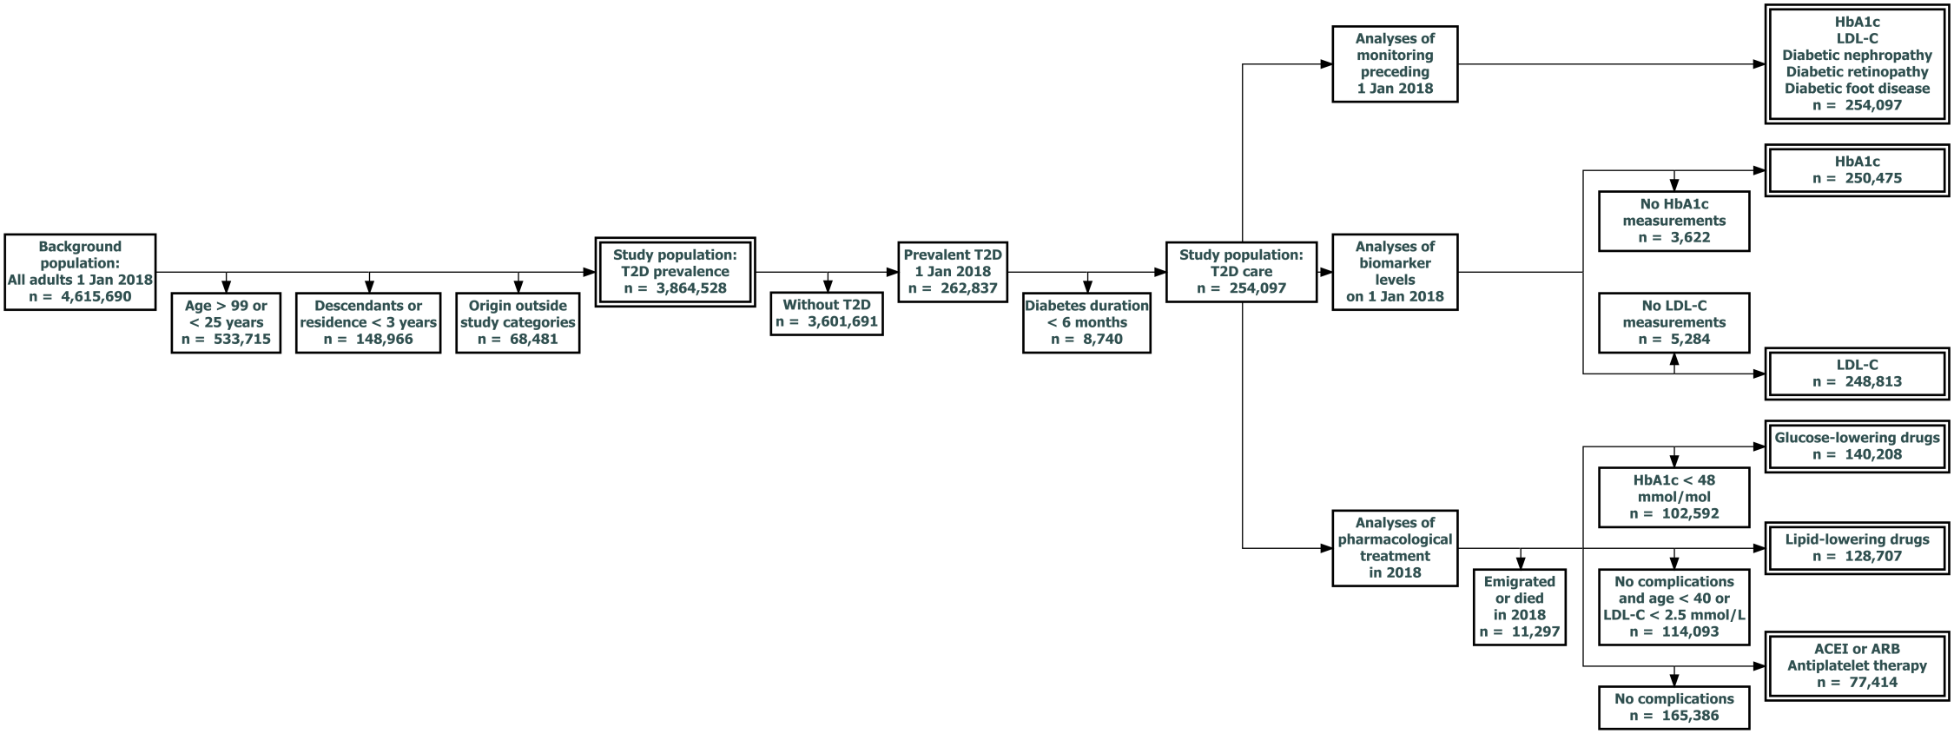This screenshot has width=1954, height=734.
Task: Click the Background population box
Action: [80, 271]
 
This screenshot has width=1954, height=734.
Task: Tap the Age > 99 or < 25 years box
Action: [226, 322]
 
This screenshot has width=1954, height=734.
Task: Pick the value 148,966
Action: [380, 339]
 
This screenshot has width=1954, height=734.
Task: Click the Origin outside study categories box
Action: [518, 322]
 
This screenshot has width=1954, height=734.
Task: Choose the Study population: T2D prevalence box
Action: [675, 271]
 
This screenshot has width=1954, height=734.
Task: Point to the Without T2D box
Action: [827, 313]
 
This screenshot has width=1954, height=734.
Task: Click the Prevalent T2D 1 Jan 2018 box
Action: [952, 271]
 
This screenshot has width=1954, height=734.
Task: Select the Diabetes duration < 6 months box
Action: [1086, 322]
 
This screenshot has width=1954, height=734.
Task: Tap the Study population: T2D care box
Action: [1241, 271]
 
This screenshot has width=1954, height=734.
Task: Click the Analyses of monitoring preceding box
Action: [1395, 63]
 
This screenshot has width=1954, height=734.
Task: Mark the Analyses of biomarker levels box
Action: [1395, 271]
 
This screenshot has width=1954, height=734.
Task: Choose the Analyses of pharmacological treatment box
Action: [1395, 547]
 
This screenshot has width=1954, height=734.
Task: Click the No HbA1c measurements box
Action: [1673, 221]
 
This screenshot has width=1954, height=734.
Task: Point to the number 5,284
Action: [1688, 339]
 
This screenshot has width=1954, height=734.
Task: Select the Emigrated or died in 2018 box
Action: [1519, 606]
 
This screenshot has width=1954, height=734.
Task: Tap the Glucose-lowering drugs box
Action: [1857, 446]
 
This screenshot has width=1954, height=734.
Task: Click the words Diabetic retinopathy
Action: [1857, 72]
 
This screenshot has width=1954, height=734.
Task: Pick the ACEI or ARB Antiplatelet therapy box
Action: [1857, 665]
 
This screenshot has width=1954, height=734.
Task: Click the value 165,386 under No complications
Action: [1688, 716]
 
